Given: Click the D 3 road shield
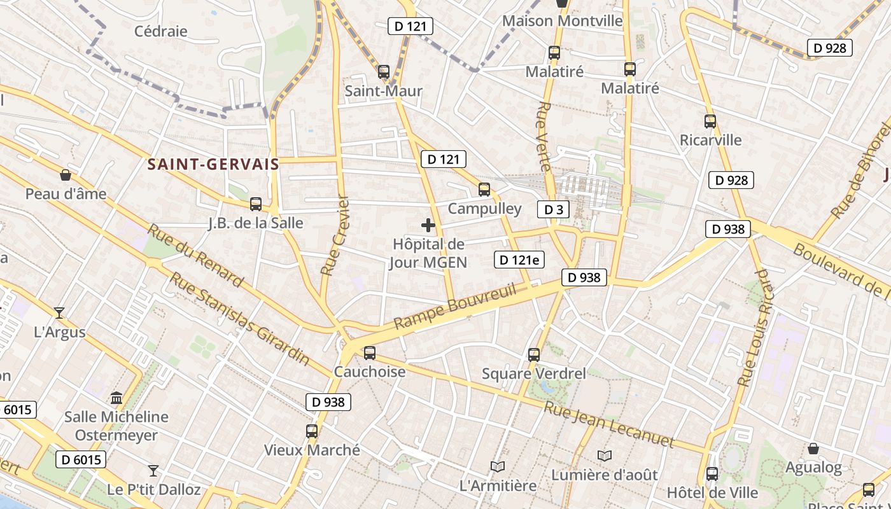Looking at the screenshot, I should tap(552, 209).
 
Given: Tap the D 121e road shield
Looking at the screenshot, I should tap(519, 259).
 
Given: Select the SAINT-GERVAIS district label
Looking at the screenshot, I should tap(213, 164).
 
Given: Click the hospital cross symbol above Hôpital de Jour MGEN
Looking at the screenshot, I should tap(428, 225).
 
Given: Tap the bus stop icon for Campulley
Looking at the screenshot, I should tap(484, 189).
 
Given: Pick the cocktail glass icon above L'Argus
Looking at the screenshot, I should tap(59, 312).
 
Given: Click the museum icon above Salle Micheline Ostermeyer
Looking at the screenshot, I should tap(116, 398).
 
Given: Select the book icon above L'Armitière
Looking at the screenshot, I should tap(498, 466).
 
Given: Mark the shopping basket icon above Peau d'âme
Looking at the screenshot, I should tap(65, 175).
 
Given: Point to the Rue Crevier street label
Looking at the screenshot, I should tap(335, 235).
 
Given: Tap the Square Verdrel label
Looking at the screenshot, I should tap(534, 373).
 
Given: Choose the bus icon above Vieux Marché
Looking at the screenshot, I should tap(312, 431).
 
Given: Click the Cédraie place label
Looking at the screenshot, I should tap(161, 31).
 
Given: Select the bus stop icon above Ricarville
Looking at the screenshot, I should tap(710, 121).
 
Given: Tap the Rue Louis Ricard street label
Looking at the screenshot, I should tap(755, 328).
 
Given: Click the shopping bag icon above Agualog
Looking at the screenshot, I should tap(813, 449).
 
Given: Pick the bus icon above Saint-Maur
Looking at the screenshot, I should tap(383, 71).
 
